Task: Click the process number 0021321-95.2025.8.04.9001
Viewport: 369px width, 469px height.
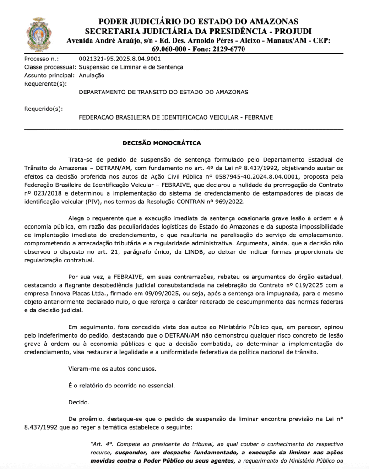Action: point(120,59)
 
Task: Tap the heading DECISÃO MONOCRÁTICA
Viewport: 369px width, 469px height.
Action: point(161,143)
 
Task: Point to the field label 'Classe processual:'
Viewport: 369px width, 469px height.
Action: point(49,67)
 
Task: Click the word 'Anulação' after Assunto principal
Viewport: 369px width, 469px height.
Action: point(92,76)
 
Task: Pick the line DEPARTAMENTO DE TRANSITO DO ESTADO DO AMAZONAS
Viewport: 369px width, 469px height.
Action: point(163,92)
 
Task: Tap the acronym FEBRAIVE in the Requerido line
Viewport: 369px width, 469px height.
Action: point(258,117)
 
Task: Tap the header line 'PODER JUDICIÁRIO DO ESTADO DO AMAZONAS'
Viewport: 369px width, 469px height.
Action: point(198,22)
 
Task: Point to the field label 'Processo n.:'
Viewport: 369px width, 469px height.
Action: point(42,59)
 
